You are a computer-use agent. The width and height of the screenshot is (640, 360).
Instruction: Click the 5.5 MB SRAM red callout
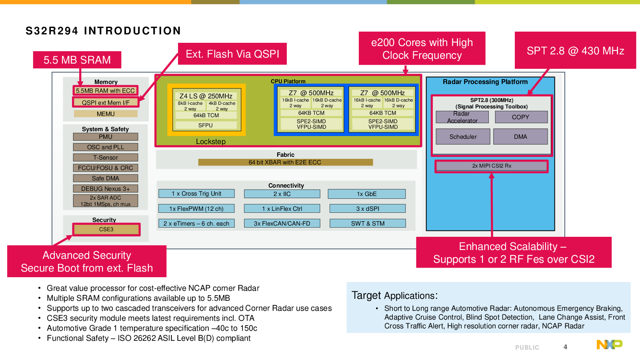[x=77, y=60]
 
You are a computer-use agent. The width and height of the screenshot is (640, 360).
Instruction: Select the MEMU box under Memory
[x=106, y=114]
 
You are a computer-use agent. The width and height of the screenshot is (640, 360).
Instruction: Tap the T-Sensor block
[x=106, y=158]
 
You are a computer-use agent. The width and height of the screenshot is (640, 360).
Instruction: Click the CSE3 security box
[x=106, y=229]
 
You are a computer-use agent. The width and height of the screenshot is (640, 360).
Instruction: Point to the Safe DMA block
[x=106, y=178]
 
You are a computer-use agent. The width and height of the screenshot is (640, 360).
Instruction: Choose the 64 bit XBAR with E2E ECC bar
[x=285, y=162]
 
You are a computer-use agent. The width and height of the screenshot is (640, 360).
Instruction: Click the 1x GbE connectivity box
[x=367, y=194]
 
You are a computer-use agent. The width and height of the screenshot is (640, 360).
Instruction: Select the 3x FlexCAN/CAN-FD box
[x=282, y=224]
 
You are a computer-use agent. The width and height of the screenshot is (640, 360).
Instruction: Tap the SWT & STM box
[x=368, y=224]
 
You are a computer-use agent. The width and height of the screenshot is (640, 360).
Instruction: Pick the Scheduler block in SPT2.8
[x=463, y=137]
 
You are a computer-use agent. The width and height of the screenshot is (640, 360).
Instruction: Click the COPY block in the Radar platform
[x=521, y=117]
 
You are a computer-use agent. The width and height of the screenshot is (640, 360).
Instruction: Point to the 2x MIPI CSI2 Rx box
[x=492, y=166]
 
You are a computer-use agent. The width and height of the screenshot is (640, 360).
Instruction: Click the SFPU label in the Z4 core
[x=206, y=125]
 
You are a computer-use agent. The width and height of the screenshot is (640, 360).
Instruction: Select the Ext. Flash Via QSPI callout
[x=232, y=54]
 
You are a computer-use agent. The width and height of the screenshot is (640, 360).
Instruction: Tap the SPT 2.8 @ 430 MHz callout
[x=575, y=51]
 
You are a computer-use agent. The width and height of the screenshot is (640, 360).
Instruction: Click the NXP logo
[x=609, y=344]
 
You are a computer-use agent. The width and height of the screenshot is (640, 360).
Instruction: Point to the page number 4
[x=565, y=347]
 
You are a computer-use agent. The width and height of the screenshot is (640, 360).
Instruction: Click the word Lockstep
[x=211, y=142]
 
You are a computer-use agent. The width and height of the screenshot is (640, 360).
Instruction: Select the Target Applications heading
[x=395, y=296]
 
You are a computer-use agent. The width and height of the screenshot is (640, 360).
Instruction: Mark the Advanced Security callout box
[x=87, y=262]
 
